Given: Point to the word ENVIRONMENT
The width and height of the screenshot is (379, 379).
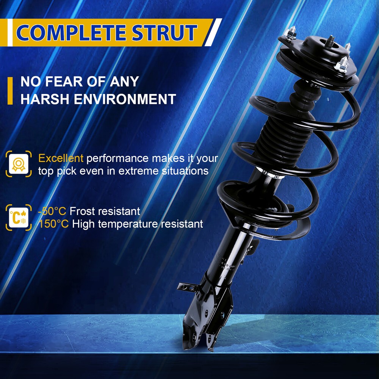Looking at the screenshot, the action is pos(125,99).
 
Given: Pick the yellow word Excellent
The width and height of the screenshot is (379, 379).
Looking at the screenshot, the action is pos(61,158).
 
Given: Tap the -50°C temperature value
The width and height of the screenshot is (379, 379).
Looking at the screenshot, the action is pos(52,211).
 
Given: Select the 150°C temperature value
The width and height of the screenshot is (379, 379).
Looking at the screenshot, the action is pos(54,224).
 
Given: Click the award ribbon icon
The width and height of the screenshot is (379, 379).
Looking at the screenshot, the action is pos(19,164).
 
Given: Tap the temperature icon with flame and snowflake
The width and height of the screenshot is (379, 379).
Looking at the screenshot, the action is pos(19,218).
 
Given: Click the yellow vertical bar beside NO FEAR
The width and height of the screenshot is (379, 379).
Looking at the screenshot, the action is pos(10,91).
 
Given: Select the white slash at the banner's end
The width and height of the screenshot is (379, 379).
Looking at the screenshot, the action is pos(213,32).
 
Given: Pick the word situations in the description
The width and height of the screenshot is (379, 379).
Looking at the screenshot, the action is pos(185,171).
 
